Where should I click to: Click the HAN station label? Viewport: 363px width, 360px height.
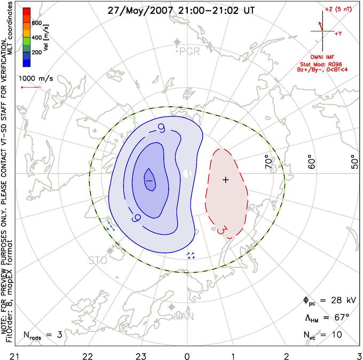point(184,317)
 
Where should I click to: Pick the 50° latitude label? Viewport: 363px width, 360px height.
point(353,161)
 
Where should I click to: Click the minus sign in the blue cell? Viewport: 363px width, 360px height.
point(149,181)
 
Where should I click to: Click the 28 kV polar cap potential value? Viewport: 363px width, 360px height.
point(342,302)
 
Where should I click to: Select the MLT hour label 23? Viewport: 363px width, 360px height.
point(140,355)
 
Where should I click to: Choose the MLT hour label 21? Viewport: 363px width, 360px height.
point(11,355)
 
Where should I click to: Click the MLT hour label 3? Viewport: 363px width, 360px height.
point(359,355)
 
